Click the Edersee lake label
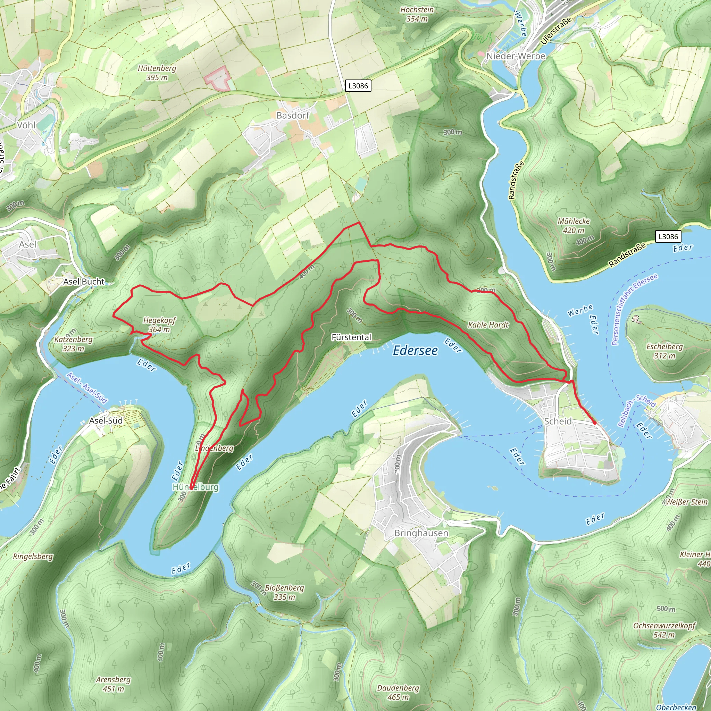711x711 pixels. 415,351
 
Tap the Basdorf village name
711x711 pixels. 293,116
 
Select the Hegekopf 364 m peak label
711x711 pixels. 159,325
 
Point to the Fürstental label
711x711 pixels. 351,337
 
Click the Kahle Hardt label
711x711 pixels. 488,325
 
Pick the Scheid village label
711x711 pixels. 558,421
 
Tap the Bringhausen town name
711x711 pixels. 421,533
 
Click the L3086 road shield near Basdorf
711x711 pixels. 358,86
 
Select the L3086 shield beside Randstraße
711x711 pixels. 668,237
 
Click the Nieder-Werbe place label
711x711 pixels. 516,56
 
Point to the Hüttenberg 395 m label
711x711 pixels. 157,73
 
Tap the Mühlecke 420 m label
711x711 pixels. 574,226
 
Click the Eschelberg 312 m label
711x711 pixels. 664,351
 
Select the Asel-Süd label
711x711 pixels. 106,421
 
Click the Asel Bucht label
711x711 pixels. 84,282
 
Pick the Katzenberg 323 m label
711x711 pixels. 73,344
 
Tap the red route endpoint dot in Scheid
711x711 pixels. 594,423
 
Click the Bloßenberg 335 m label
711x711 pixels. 284,592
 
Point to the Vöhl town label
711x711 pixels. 26,125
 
